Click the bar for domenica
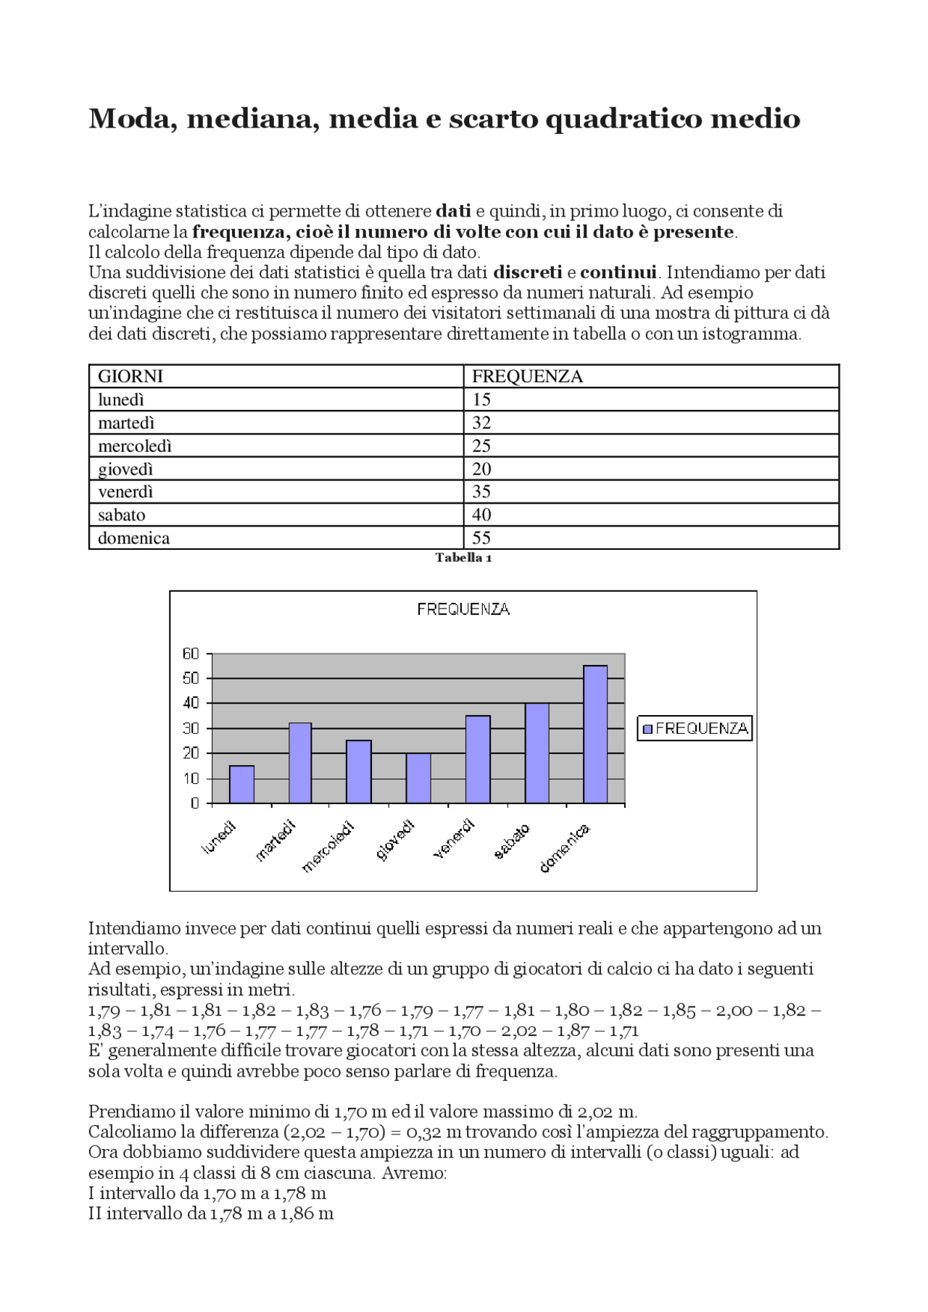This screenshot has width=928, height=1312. tap(595, 734)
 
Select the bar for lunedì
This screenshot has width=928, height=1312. tap(241, 785)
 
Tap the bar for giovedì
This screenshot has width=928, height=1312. tap(418, 778)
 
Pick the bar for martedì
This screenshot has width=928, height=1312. tap(300, 763)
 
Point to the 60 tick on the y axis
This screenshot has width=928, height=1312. tap(191, 653)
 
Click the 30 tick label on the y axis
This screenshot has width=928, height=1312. tap(191, 728)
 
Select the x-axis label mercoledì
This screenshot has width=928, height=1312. tap(328, 847)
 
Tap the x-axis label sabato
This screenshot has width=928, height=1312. tap(512, 841)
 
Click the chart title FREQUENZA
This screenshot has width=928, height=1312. tap(463, 609)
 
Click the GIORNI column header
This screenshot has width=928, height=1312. tap(130, 376)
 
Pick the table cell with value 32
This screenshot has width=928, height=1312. tap(481, 422)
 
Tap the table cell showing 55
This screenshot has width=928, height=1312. tap(481, 538)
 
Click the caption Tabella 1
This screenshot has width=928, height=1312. tap(463, 557)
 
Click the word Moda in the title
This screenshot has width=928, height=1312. tap(133, 118)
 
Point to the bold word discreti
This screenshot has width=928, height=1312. tap(527, 272)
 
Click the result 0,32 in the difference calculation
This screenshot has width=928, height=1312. tap(423, 1132)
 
